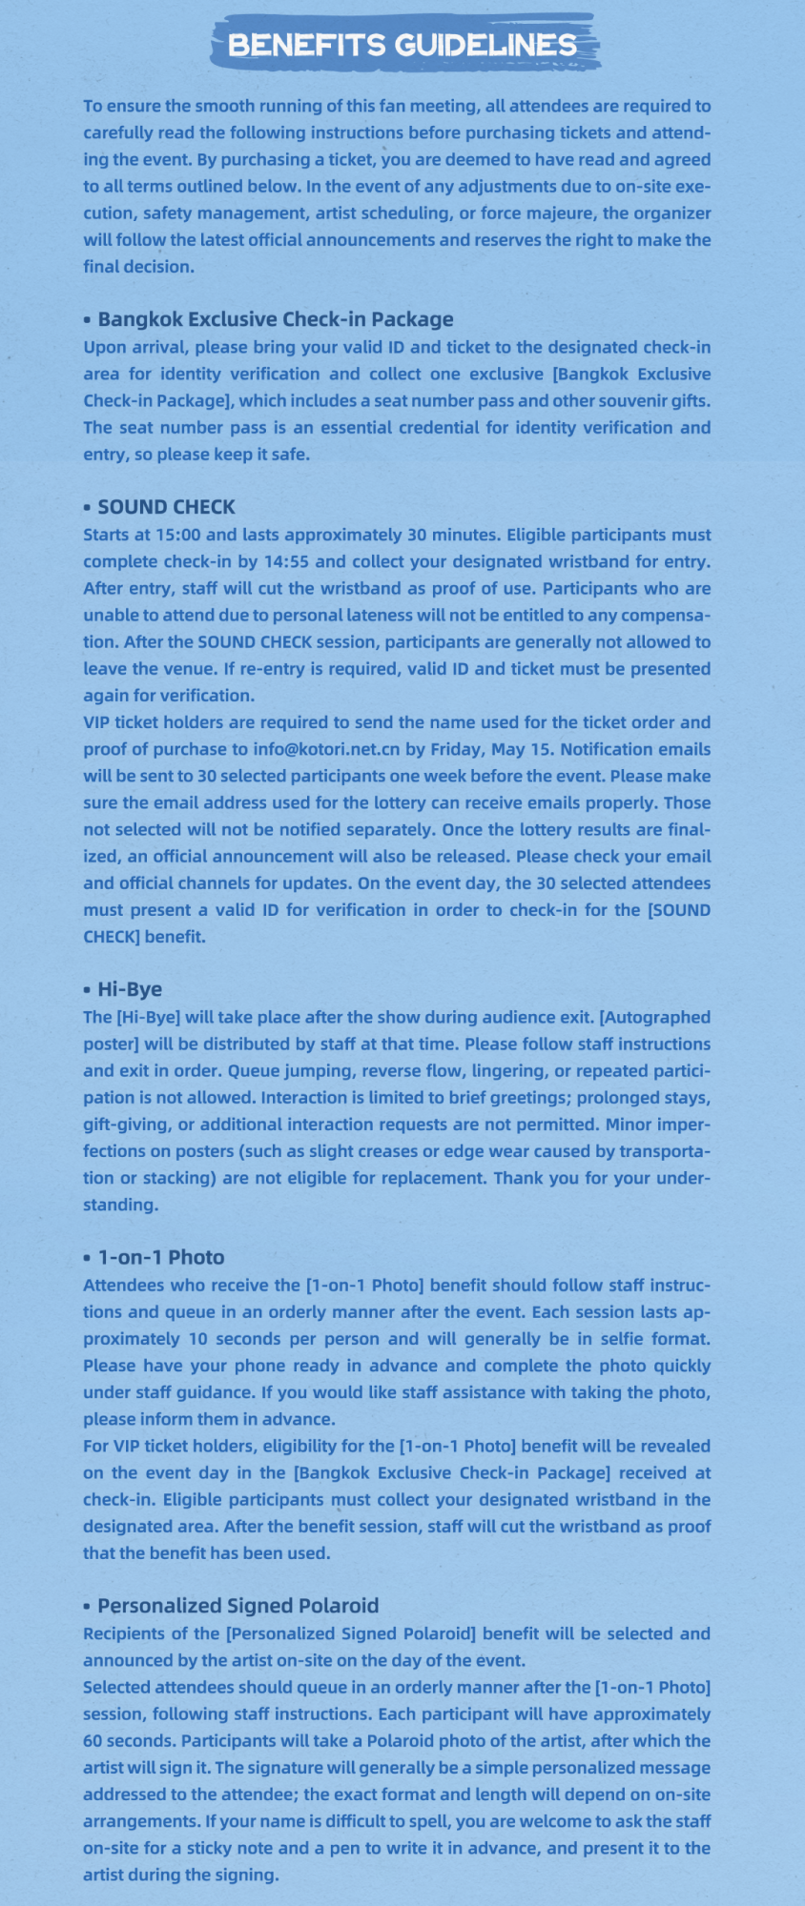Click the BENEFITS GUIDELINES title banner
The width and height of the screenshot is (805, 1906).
(402, 45)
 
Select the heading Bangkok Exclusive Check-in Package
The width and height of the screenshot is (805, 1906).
(275, 319)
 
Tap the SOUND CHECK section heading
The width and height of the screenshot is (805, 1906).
(166, 507)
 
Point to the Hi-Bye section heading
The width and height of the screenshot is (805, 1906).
(130, 989)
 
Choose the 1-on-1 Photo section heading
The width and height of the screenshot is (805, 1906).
(161, 1257)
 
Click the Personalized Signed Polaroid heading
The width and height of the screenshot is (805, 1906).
(237, 1606)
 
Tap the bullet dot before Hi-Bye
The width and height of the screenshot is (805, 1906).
(87, 990)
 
